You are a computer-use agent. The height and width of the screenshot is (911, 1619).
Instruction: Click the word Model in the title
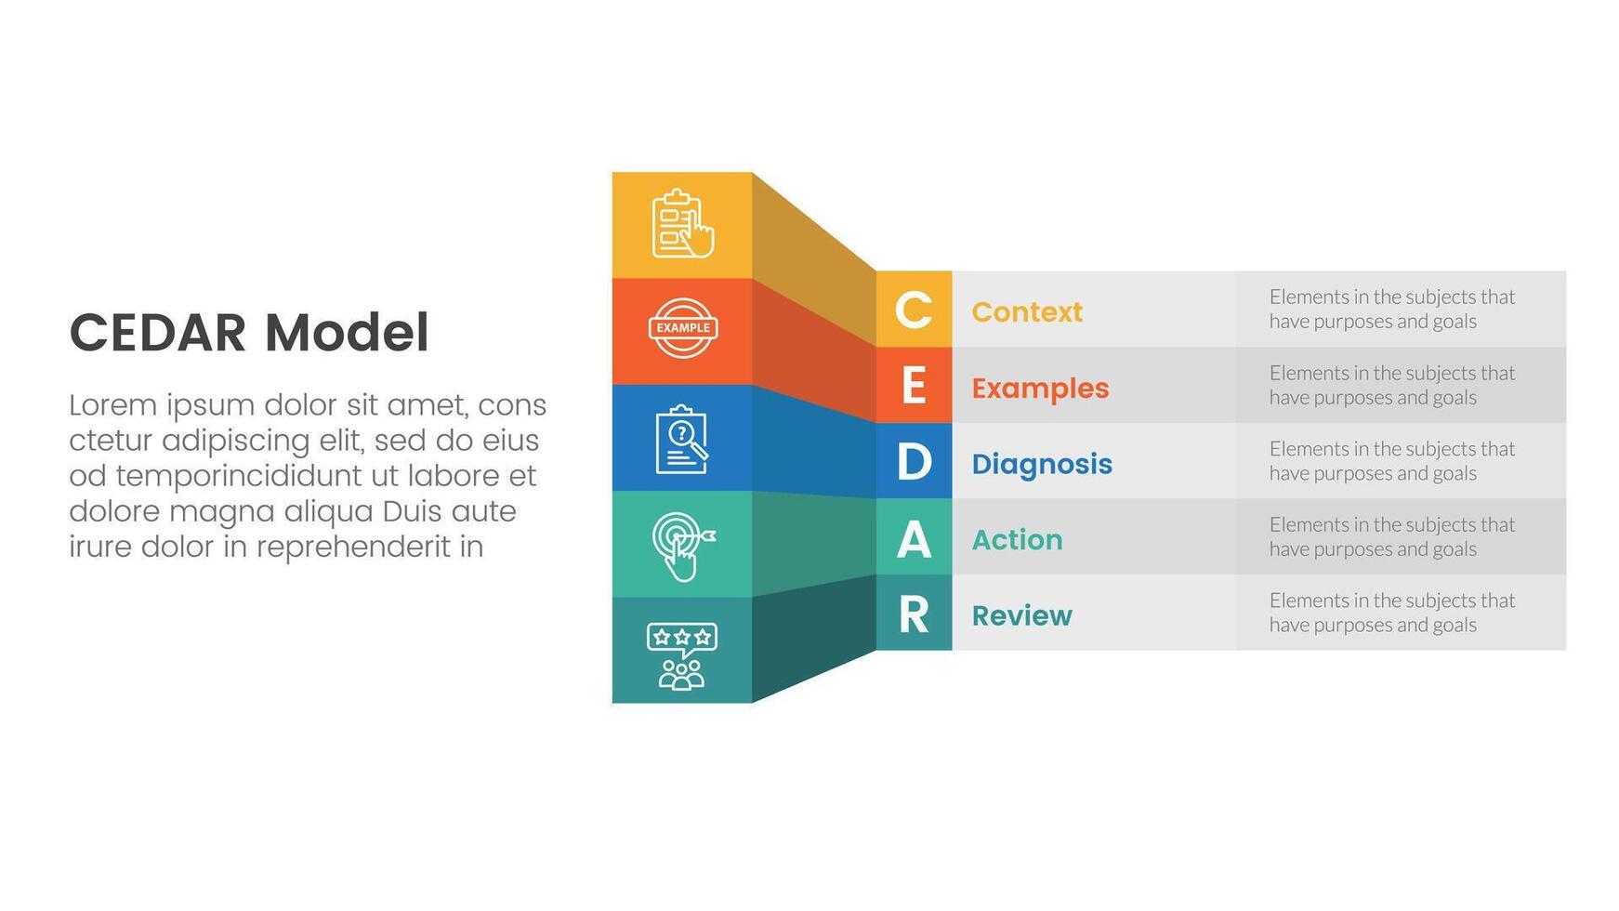pos(347,333)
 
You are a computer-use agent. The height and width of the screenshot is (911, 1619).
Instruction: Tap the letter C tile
pos(914,310)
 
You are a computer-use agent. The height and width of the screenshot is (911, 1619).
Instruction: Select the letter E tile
pos(914,386)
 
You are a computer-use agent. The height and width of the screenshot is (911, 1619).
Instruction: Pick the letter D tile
pos(914,461)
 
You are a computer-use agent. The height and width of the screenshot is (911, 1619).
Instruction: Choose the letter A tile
pos(914,537)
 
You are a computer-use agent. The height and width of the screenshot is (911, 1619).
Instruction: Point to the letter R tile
pos(914,613)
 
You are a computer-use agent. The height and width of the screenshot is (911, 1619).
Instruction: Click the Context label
pos(1027,311)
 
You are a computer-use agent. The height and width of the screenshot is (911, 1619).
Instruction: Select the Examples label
pos(1040,388)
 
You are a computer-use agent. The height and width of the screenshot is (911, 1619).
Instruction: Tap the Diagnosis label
pos(1042,464)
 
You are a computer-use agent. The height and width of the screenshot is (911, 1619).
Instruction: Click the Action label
pos(1017,539)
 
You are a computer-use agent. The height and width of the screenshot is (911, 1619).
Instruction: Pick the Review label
pos(1021,615)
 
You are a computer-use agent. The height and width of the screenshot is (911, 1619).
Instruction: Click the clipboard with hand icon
pos(683,224)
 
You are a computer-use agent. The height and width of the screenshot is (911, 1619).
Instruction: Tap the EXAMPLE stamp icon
pos(683,328)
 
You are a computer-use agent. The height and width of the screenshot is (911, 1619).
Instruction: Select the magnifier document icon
pos(682,439)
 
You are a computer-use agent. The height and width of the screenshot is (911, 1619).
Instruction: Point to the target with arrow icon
pos(683,547)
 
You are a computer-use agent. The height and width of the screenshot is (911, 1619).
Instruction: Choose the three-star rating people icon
pos(681,656)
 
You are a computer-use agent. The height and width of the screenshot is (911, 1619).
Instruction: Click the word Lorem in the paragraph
pos(113,405)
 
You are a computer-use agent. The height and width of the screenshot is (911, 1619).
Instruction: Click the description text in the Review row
pos(1392,613)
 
